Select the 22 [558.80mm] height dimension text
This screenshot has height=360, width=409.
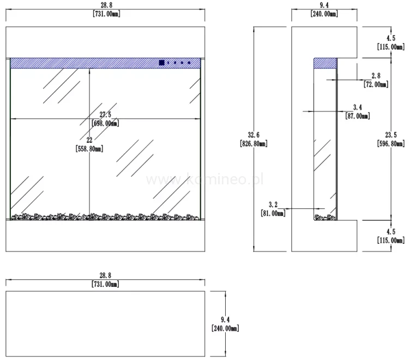pos(90,145)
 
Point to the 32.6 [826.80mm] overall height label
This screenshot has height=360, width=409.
pos(254,139)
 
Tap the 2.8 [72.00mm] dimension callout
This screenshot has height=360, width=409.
pos(376,80)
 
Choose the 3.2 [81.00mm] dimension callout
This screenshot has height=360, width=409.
pos(273,209)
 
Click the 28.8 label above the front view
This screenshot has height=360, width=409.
pos(105,10)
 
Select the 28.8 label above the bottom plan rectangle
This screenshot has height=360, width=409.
pos(105,280)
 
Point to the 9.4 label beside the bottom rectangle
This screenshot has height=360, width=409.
pos(224,324)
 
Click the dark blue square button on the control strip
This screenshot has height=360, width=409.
pos(161,63)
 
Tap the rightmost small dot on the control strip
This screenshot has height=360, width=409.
pos(189,63)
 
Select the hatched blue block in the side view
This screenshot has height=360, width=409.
pos(325,63)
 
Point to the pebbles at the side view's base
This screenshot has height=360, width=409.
pos(326,217)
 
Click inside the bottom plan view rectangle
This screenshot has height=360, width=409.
pos(105,324)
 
